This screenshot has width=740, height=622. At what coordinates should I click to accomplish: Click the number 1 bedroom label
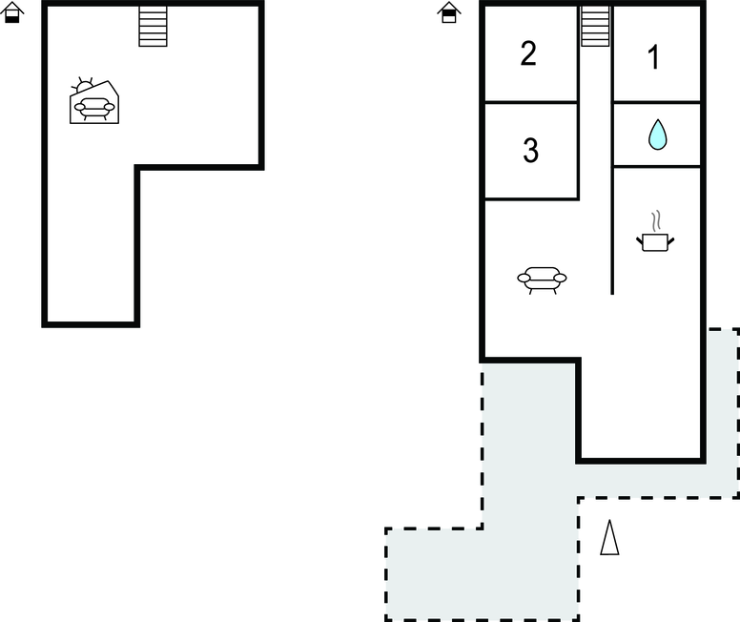(x=653, y=57)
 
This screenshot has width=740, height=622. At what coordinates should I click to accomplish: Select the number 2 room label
(x=528, y=53)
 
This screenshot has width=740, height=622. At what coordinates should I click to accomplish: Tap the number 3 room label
(x=531, y=150)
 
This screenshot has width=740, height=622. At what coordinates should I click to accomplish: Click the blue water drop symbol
(x=657, y=135)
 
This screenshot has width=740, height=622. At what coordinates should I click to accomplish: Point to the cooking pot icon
(x=655, y=241)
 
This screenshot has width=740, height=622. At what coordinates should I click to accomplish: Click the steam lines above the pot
(x=656, y=221)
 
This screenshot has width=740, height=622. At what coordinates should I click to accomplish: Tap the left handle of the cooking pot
(x=640, y=241)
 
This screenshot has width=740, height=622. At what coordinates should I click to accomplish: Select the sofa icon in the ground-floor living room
(x=542, y=280)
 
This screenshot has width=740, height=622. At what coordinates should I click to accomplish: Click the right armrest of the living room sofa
(x=560, y=278)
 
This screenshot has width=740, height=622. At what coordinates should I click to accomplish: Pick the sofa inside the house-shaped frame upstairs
(x=94, y=109)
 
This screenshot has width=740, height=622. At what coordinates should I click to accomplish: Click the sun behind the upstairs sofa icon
(x=83, y=86)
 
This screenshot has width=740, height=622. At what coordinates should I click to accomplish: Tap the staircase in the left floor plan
(x=153, y=26)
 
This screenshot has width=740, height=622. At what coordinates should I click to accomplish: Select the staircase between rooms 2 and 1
(x=595, y=26)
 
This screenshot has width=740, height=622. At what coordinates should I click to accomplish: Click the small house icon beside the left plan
(x=11, y=12)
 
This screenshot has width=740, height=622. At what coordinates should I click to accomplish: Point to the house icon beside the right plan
(x=449, y=12)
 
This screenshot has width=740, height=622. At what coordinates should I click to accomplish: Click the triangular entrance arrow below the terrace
(x=609, y=537)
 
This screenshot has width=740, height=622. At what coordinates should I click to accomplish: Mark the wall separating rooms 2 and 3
(x=531, y=101)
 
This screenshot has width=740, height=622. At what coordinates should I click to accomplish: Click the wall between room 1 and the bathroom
(x=656, y=101)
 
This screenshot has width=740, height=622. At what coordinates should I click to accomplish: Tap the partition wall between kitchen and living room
(x=612, y=231)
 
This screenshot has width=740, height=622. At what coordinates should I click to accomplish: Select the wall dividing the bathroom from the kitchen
(x=656, y=166)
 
